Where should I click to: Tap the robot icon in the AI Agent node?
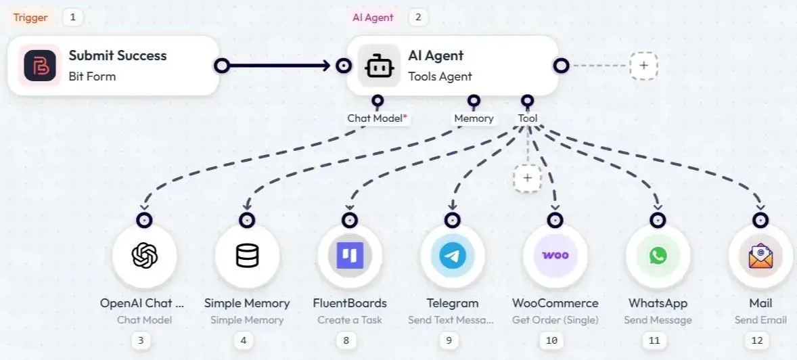(379, 66)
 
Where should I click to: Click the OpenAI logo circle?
(145, 256)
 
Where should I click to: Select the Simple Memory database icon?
(247, 256)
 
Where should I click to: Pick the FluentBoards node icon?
(350, 256)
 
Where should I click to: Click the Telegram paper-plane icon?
(453, 256)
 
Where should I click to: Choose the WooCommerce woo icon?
(555, 256)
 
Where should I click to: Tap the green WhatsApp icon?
(658, 256)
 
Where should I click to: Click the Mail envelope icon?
(760, 256)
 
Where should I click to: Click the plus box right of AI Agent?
(643, 66)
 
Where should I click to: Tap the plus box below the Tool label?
(527, 178)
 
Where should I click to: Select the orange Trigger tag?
(30, 17)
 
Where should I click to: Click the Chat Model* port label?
(378, 118)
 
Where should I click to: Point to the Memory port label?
(474, 118)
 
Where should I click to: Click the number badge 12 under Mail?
(756, 340)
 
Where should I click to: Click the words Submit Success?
(118, 55)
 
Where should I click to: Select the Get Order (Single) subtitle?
(555, 320)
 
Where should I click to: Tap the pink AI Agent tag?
(373, 17)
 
